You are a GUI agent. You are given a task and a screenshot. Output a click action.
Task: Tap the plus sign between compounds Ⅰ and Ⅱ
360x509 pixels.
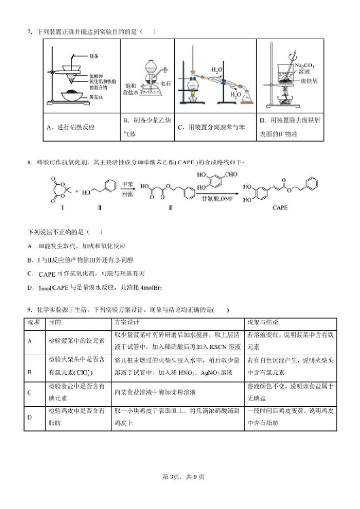coord(77,191)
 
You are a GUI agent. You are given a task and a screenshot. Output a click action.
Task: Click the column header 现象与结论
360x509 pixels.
coord(263,323)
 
